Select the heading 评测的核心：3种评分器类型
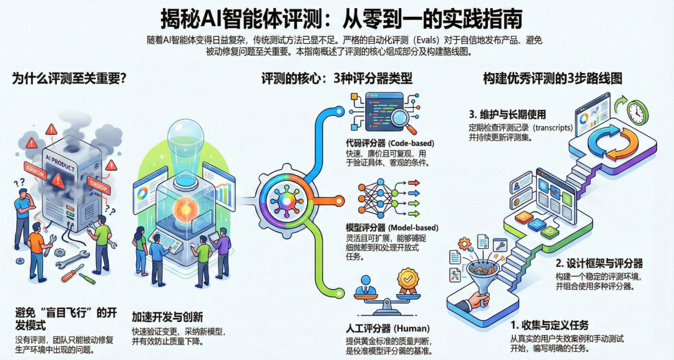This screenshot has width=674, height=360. point(336,79)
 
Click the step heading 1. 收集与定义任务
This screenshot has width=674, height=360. point(550,325)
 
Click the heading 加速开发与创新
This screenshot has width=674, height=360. point(167,316)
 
